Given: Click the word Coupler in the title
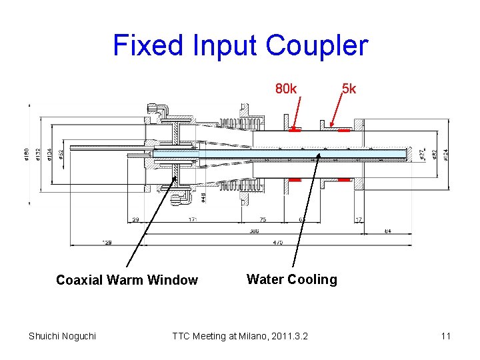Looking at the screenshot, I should [x=317, y=45].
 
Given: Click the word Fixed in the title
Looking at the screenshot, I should [x=141, y=45].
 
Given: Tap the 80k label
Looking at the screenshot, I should [x=287, y=89].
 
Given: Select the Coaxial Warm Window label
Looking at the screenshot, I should [x=127, y=280].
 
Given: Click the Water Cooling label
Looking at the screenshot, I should [x=292, y=279].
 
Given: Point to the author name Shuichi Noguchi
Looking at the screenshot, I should [x=62, y=335].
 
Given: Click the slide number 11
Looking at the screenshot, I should [x=445, y=335].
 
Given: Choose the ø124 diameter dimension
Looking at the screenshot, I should [x=445, y=153].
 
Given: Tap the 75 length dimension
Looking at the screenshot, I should [x=262, y=219].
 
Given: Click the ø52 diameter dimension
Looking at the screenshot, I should [x=61, y=153].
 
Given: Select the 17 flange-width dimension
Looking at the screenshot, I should [x=359, y=219].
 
